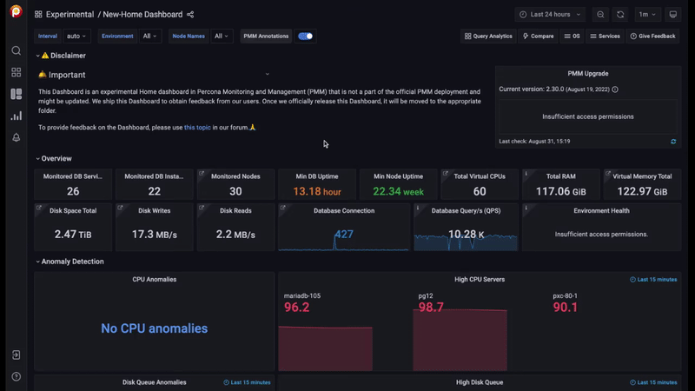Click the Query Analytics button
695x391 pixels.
click(x=488, y=36)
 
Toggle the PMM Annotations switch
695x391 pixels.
click(x=305, y=36)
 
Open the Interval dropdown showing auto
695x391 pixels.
click(x=76, y=36)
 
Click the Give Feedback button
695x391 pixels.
click(x=652, y=36)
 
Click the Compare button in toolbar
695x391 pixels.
click(x=539, y=36)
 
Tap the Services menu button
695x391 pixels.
click(x=605, y=36)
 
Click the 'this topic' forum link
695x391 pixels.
click(x=197, y=128)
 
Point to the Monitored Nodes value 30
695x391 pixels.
click(x=235, y=191)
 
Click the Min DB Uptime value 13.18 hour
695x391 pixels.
click(x=316, y=191)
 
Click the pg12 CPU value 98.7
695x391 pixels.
click(x=431, y=308)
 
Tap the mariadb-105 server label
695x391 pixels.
click(x=301, y=295)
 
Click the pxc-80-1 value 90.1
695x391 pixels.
click(x=565, y=308)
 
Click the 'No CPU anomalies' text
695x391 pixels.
click(x=154, y=328)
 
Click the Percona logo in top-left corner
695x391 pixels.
click(x=16, y=12)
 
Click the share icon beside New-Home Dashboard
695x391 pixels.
click(x=190, y=15)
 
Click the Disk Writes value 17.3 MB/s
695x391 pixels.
click(x=154, y=235)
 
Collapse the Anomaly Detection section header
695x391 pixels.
click(x=72, y=262)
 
